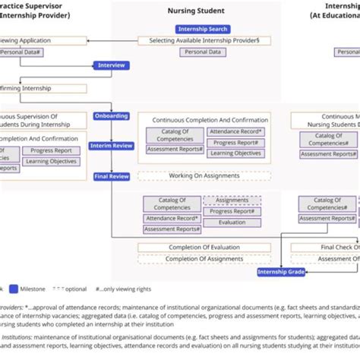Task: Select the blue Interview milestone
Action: click(x=111, y=65)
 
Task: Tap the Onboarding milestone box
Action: click(x=111, y=116)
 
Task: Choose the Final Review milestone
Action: click(x=111, y=175)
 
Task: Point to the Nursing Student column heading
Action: click(x=203, y=11)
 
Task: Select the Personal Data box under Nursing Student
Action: click(x=203, y=52)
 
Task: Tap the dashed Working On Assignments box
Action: click(x=203, y=175)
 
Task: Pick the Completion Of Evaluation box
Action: click(x=203, y=248)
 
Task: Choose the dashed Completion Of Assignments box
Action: click(x=203, y=259)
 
